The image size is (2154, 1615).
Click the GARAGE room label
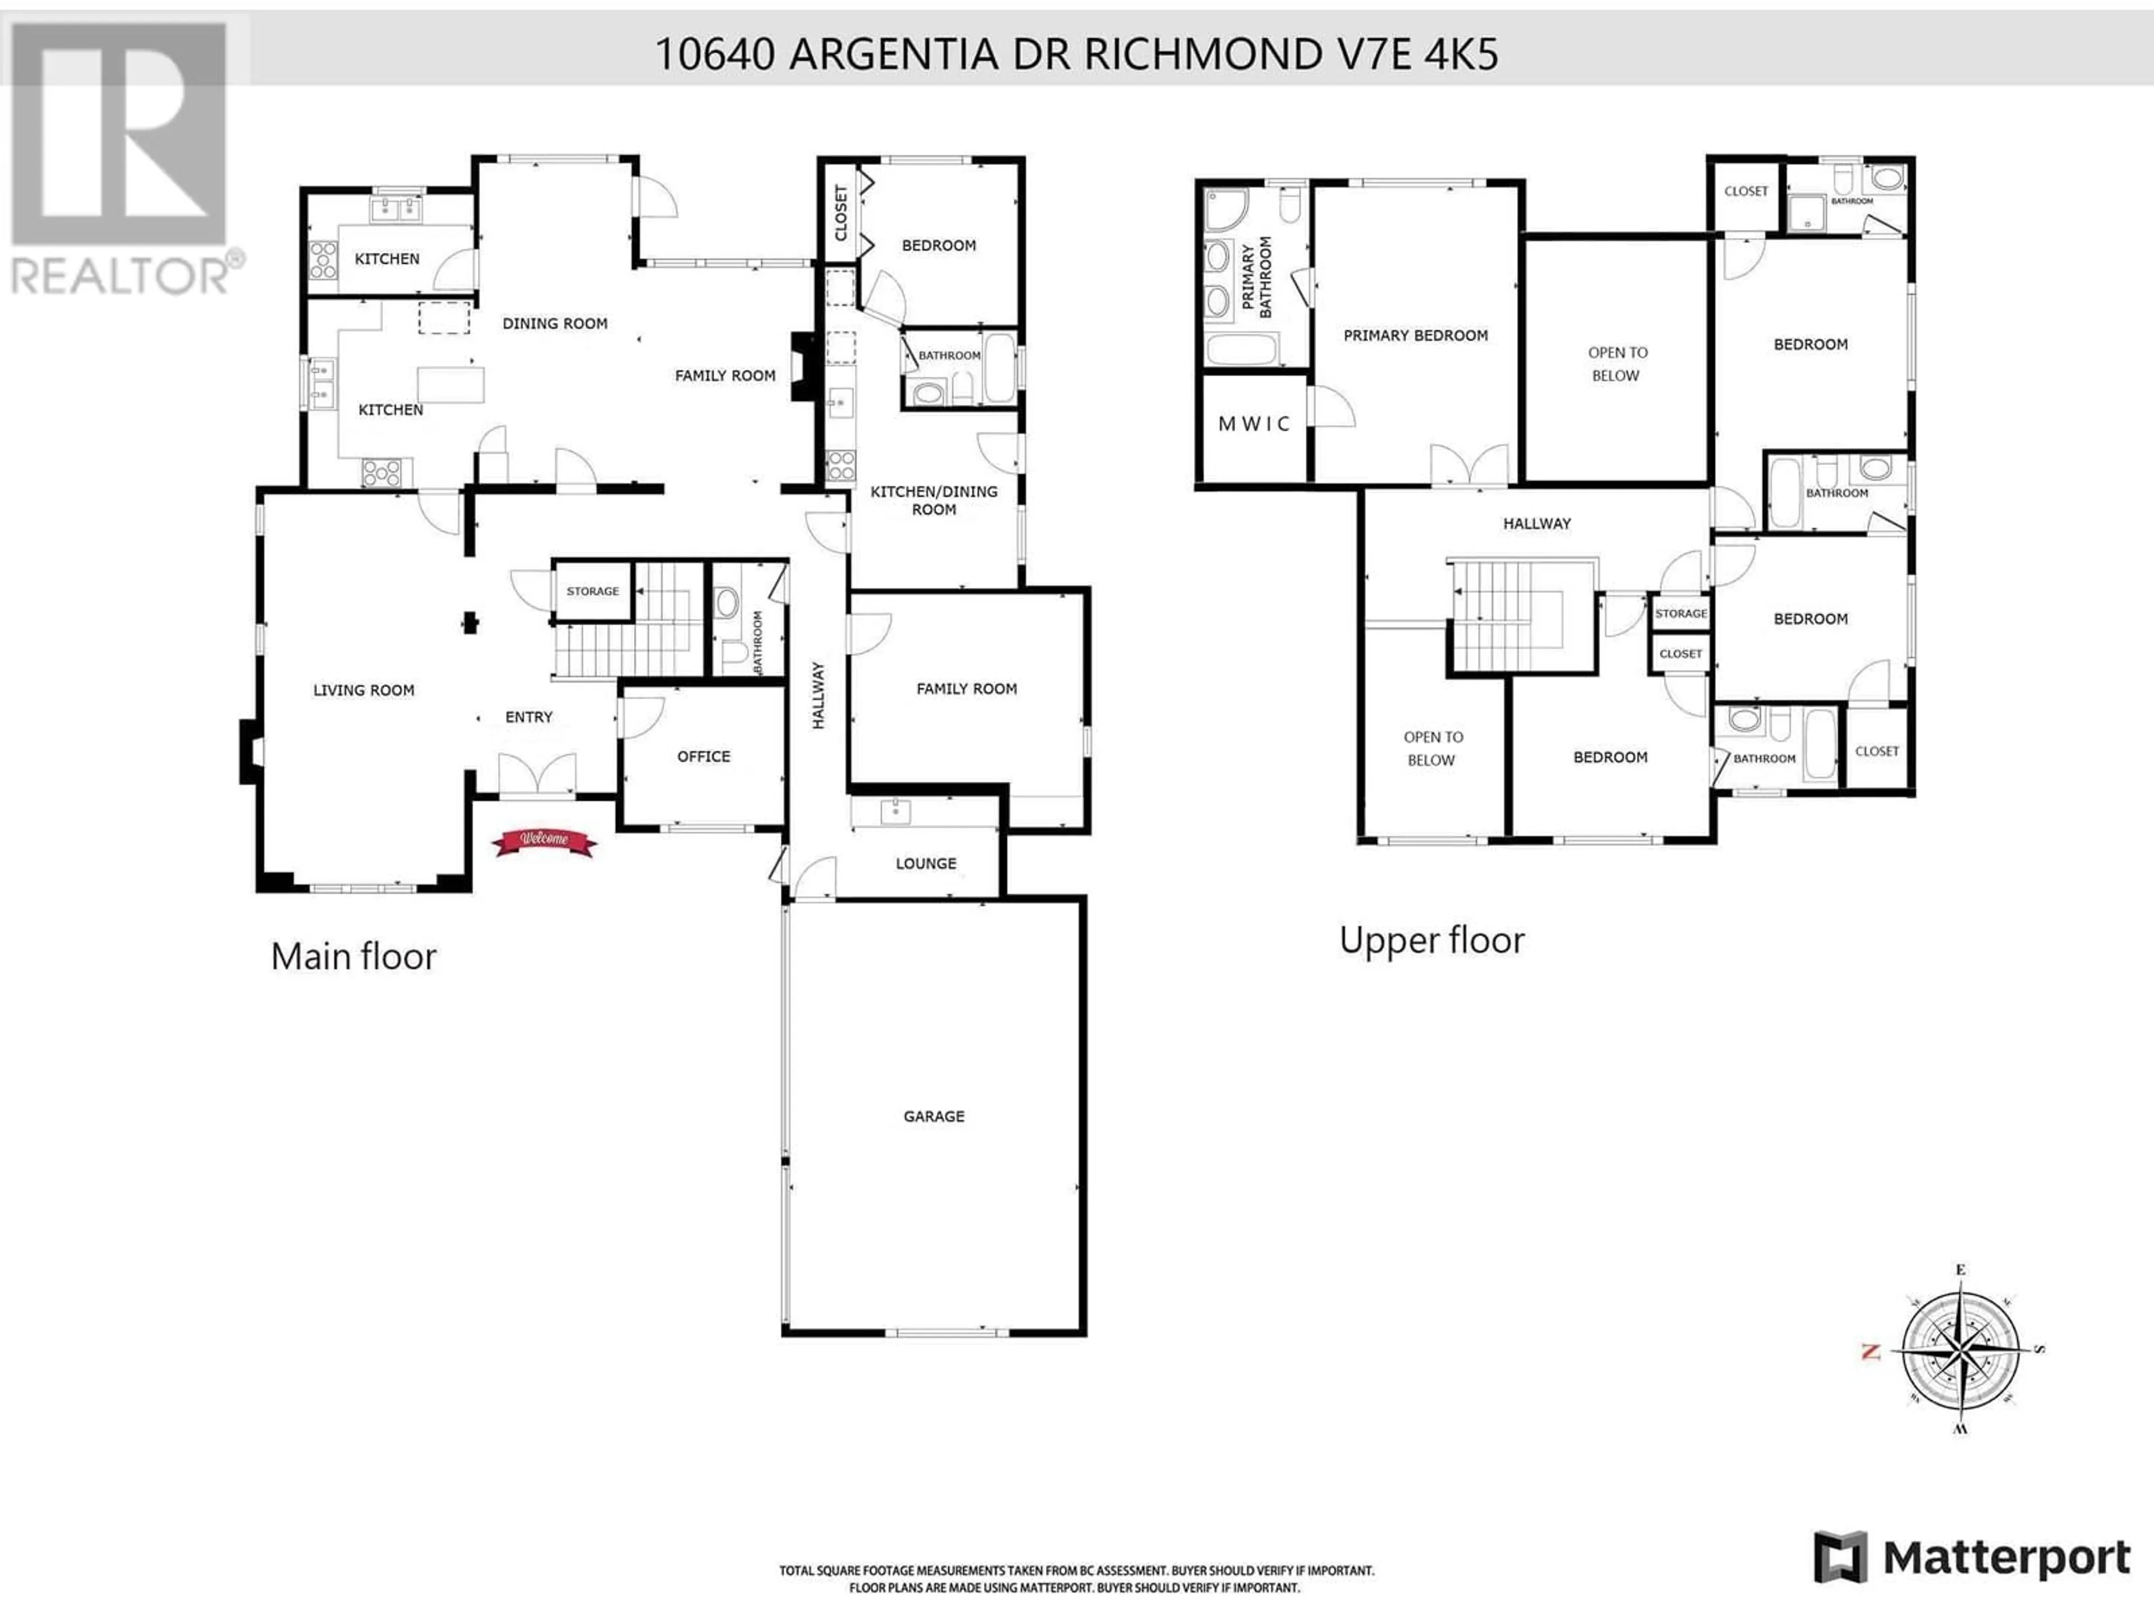pos(934,1116)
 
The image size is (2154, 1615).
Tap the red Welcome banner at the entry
pos(544,842)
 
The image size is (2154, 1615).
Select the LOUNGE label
pos(926,864)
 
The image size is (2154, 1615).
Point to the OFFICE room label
pos(703,756)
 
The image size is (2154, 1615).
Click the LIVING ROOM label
pos(363,690)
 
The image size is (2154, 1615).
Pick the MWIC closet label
pos(1254,423)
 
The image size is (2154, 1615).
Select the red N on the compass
pos(1870,1351)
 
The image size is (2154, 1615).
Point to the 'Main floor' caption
pos(353,956)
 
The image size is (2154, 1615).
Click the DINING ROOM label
pos(555,323)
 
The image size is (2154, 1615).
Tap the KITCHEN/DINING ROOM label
pos(934,500)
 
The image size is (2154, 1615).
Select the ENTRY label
pos(529,717)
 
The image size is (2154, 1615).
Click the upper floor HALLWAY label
pos(1536,524)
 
